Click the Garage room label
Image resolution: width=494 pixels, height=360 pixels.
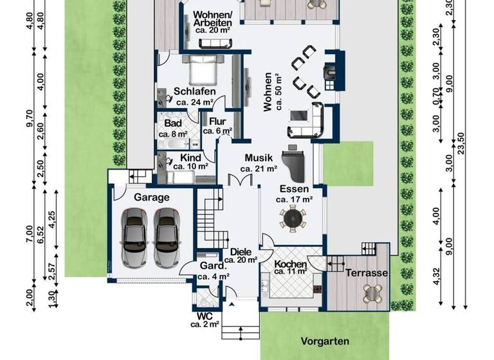[x=152, y=197]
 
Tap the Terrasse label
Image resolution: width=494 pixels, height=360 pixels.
[x=367, y=273]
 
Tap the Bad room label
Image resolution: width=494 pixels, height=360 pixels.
[x=172, y=123]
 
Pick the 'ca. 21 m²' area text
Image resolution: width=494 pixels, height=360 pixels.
[x=258, y=169]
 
